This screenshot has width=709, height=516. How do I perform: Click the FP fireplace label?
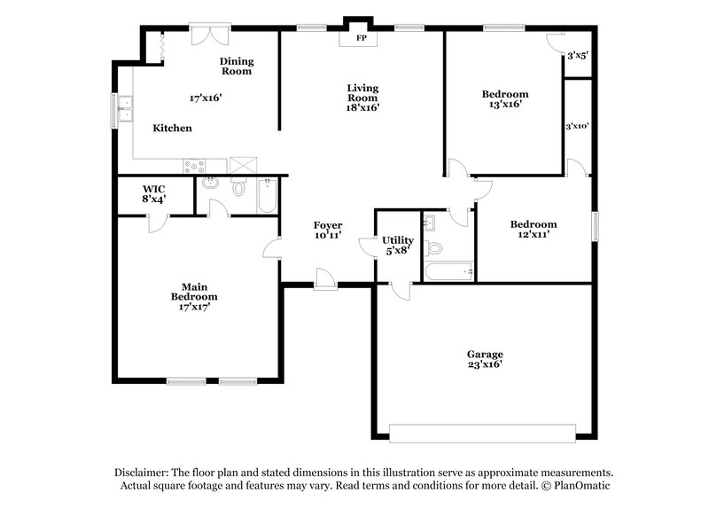362,39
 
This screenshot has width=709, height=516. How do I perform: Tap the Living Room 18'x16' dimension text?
362,107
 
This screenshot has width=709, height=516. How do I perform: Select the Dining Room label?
237,66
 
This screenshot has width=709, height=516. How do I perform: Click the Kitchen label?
172,129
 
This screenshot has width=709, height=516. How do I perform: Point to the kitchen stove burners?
194,165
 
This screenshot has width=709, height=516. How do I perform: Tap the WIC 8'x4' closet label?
154,193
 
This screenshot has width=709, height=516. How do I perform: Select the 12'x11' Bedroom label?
534,230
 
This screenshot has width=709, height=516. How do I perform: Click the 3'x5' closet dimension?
578,55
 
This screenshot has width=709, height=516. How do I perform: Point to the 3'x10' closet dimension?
578,126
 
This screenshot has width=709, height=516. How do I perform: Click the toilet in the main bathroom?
238,188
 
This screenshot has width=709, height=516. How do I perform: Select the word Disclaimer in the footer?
143,473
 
